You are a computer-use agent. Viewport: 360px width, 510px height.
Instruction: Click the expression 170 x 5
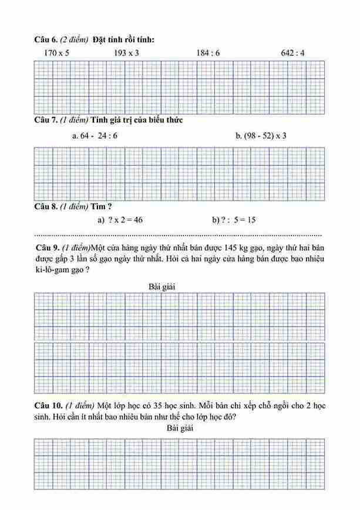[56, 53]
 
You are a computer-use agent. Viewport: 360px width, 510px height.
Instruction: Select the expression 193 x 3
[126, 53]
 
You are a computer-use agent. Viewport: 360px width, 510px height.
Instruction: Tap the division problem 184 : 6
[208, 53]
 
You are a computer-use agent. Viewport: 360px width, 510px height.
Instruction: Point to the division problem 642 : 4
[293, 53]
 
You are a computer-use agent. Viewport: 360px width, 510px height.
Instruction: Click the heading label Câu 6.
[46, 39]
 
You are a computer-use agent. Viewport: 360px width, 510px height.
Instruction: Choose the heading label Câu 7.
[46, 120]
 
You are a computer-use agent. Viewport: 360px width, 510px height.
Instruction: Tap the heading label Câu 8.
[46, 207]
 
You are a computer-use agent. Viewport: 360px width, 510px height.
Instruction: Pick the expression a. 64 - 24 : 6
[94, 136]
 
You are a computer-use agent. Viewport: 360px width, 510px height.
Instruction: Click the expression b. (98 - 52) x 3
[261, 136]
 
